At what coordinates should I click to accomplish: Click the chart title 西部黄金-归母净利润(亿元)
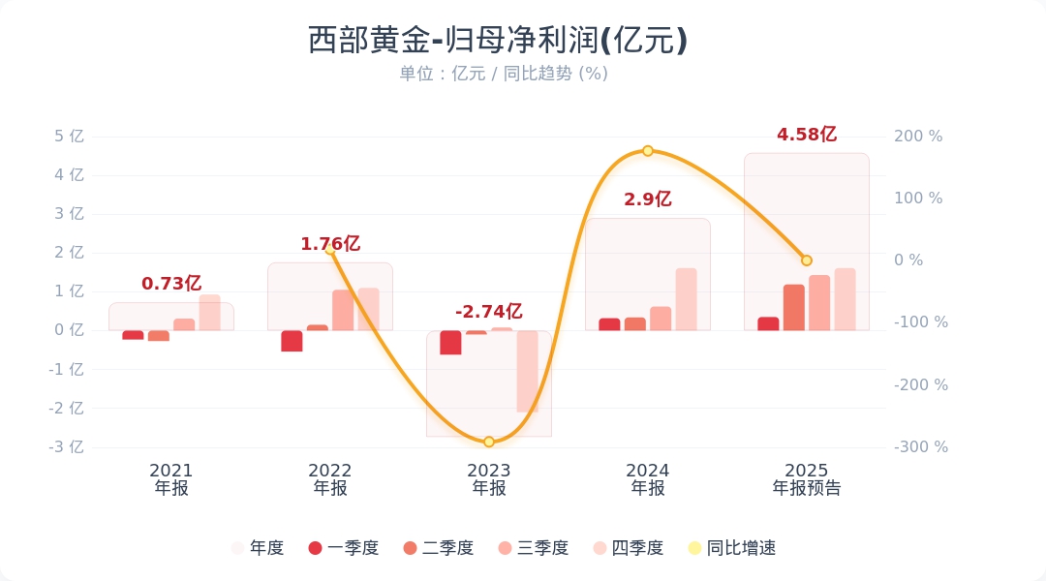pos(498,41)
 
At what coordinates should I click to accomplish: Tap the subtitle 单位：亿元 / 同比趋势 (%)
pos(504,74)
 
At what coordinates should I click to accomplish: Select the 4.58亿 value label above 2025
pos(806,135)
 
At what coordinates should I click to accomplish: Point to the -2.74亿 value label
pos(488,312)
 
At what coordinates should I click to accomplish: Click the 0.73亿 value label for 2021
pos(171,284)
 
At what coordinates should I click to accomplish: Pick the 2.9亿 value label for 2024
pos(647,199)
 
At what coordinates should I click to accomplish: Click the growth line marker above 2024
pos(648,151)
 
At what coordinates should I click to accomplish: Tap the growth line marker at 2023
pos(489,442)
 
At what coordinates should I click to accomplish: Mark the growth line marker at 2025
pos(807,260)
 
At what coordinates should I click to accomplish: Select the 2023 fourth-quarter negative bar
pos(527,372)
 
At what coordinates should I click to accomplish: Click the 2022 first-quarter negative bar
pos(292,341)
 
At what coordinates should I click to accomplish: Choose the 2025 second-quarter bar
pos(794,307)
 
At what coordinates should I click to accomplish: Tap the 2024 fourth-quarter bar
pos(686,299)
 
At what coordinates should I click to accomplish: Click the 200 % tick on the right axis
pos(917,137)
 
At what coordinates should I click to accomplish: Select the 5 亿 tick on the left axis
pos(70,137)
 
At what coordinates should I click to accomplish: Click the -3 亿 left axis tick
pos(67,447)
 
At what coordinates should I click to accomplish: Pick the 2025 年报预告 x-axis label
pos(807,479)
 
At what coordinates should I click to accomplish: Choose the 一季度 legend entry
pos(344,548)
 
